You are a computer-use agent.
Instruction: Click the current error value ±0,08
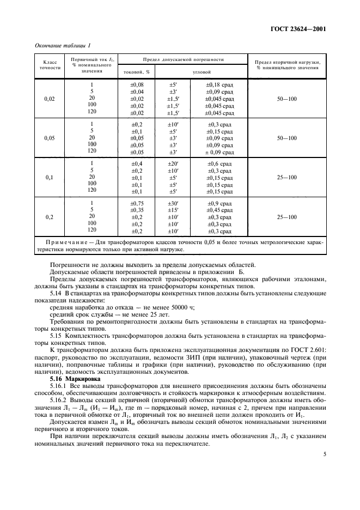[137, 85]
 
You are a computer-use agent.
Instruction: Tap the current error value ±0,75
[137, 203]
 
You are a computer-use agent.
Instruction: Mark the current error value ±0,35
[137, 210]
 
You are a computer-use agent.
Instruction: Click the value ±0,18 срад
[219, 85]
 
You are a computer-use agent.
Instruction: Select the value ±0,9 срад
[219, 203]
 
